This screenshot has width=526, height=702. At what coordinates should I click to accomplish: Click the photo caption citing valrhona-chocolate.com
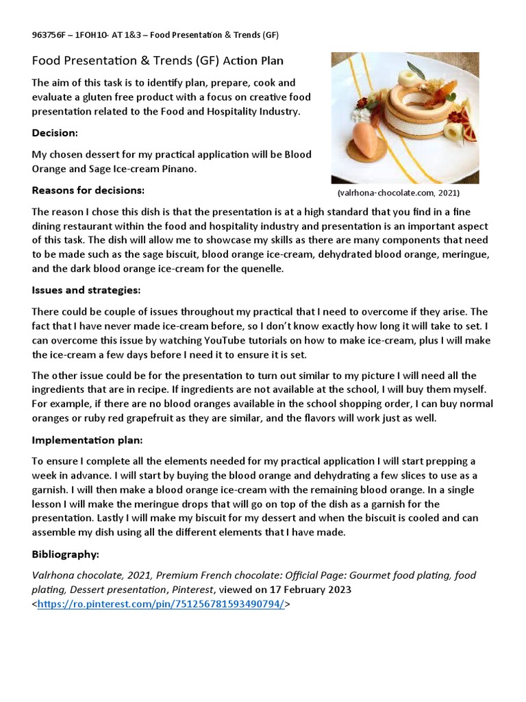[x=398, y=193]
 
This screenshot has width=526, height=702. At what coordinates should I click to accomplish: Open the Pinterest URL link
[x=161, y=604]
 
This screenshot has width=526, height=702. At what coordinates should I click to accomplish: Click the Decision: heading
[x=55, y=132]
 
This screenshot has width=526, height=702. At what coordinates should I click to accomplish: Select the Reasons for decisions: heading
[x=88, y=190]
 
